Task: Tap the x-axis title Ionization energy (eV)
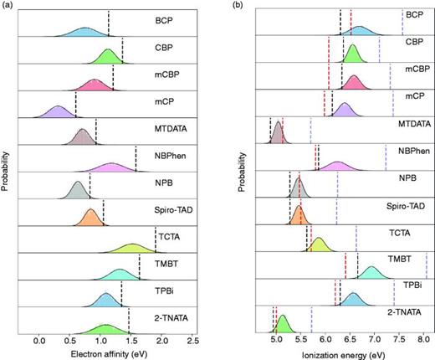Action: [345, 354]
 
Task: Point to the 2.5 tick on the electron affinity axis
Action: [192, 342]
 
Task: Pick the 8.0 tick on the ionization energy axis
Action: [425, 342]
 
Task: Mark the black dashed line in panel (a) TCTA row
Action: [156, 241]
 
